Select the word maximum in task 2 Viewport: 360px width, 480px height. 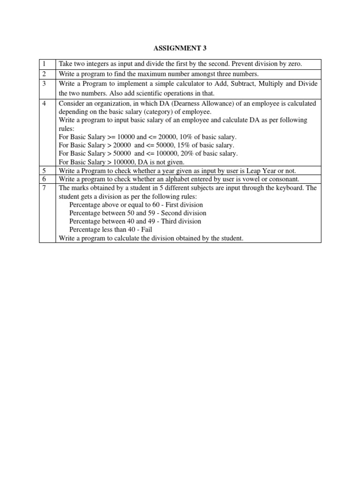coord(154,74)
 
